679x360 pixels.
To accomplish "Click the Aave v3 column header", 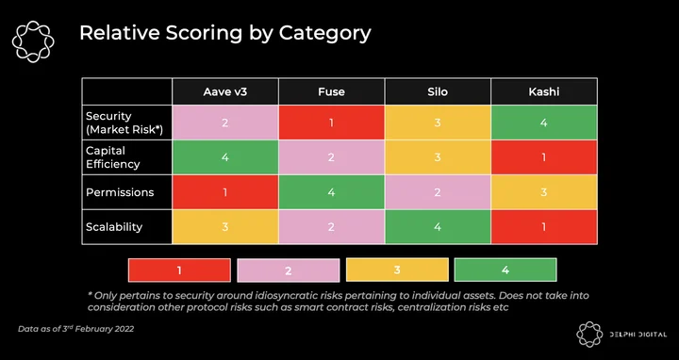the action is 225,91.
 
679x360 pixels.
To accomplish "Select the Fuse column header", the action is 331,91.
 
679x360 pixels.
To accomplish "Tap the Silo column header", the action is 438,91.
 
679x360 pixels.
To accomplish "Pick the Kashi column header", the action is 544,91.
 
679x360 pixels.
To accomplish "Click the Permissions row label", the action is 120,192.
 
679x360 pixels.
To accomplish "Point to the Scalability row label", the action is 114,227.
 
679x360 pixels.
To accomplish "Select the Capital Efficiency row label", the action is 112,157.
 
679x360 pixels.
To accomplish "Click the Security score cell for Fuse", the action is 331,123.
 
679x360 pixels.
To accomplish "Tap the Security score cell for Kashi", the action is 544,123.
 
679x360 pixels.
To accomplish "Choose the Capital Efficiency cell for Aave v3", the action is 225,157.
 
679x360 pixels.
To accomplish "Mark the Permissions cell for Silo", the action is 438,192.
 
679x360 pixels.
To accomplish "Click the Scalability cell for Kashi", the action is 544,227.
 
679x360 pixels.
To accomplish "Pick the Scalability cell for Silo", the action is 438,227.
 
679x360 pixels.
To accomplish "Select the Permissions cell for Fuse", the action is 331,192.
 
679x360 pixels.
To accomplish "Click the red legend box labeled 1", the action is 179,270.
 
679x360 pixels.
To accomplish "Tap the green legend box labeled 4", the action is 505,270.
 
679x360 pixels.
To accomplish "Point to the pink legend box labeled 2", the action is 289,270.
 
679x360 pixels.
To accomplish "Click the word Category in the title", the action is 324,34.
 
